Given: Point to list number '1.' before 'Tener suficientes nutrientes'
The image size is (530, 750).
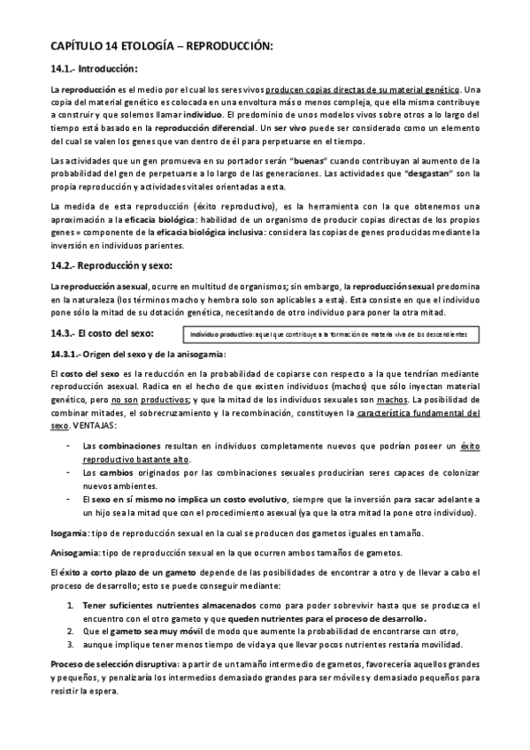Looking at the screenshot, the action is (72, 605).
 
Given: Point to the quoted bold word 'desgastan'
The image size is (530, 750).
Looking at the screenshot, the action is (381, 173).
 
